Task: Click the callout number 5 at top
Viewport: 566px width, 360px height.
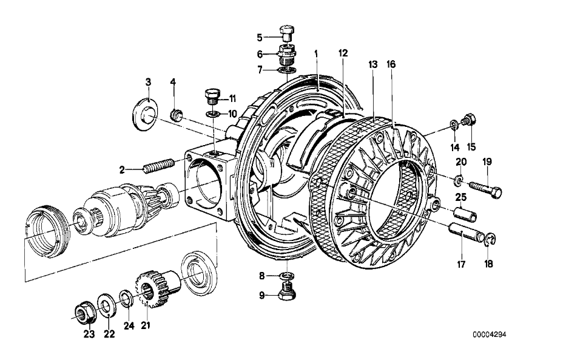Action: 260,38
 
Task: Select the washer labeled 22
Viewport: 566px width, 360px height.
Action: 106,306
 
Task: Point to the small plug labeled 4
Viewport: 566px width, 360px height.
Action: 177,112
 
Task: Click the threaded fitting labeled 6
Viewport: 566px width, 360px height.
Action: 287,54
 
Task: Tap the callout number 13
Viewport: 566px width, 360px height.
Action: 372,64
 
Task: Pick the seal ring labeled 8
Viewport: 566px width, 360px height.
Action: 286,276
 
